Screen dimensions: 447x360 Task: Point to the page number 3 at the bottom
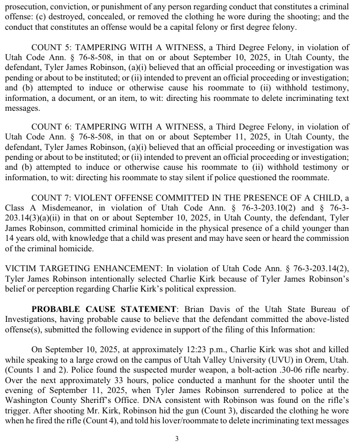(x=177, y=439)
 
